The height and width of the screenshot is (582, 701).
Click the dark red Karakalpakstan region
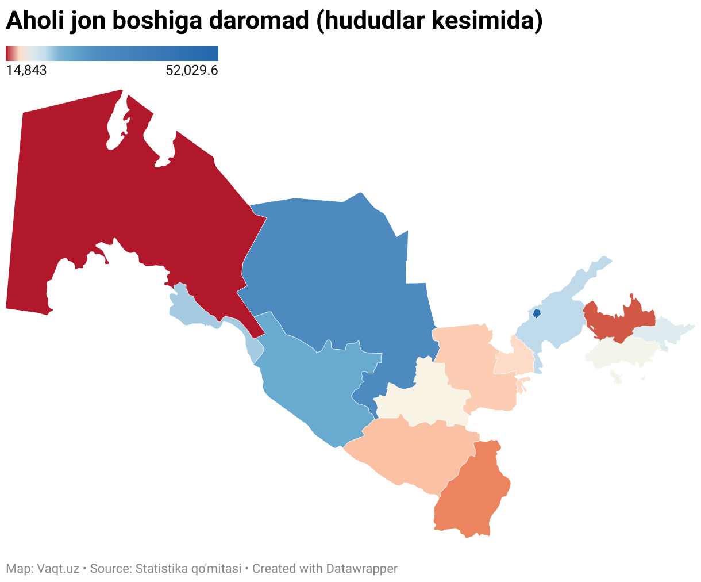(x=115, y=201)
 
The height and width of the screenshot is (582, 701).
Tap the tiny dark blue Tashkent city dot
(x=537, y=313)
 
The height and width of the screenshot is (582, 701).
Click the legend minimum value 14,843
(x=26, y=71)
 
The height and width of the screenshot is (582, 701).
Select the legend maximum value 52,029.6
(x=192, y=71)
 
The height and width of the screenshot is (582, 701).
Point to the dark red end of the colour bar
(x=8, y=53)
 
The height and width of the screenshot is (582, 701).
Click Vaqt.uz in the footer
(x=58, y=569)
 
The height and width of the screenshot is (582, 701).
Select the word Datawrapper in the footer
(x=362, y=569)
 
